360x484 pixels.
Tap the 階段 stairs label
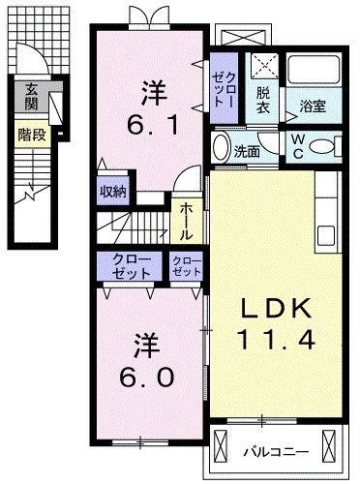coord(30,135)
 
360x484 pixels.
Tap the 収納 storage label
coord(113,191)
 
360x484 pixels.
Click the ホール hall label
coord(186,220)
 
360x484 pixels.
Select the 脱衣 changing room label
coord(261,100)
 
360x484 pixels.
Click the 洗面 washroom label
coord(247,151)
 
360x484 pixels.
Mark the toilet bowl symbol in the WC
coord(328,147)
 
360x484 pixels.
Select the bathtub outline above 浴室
coord(313,71)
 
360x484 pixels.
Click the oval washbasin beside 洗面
coord(222,150)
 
